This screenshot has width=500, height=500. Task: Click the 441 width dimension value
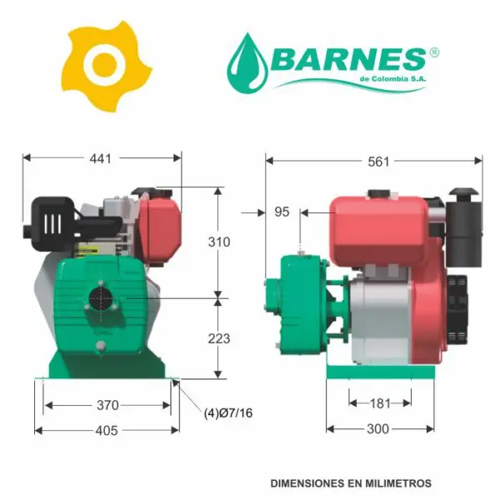[101, 158]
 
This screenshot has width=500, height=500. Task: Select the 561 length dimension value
[378, 162]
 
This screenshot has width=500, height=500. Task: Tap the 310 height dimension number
[219, 242]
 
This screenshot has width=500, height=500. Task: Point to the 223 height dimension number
[219, 338]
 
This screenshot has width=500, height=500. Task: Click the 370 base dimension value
[107, 405]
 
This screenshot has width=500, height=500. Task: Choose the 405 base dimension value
[107, 431]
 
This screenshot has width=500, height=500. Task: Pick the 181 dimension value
[381, 403]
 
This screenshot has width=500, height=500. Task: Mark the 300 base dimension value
[377, 429]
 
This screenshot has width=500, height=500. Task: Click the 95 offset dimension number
[282, 212]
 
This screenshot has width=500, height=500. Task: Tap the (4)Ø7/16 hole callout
[228, 413]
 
